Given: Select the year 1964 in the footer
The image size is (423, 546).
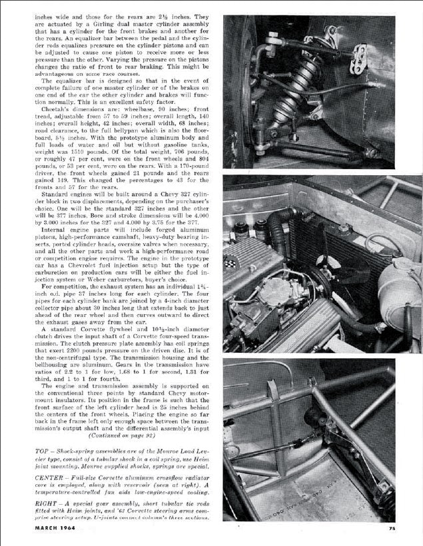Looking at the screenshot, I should pos(83,528).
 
